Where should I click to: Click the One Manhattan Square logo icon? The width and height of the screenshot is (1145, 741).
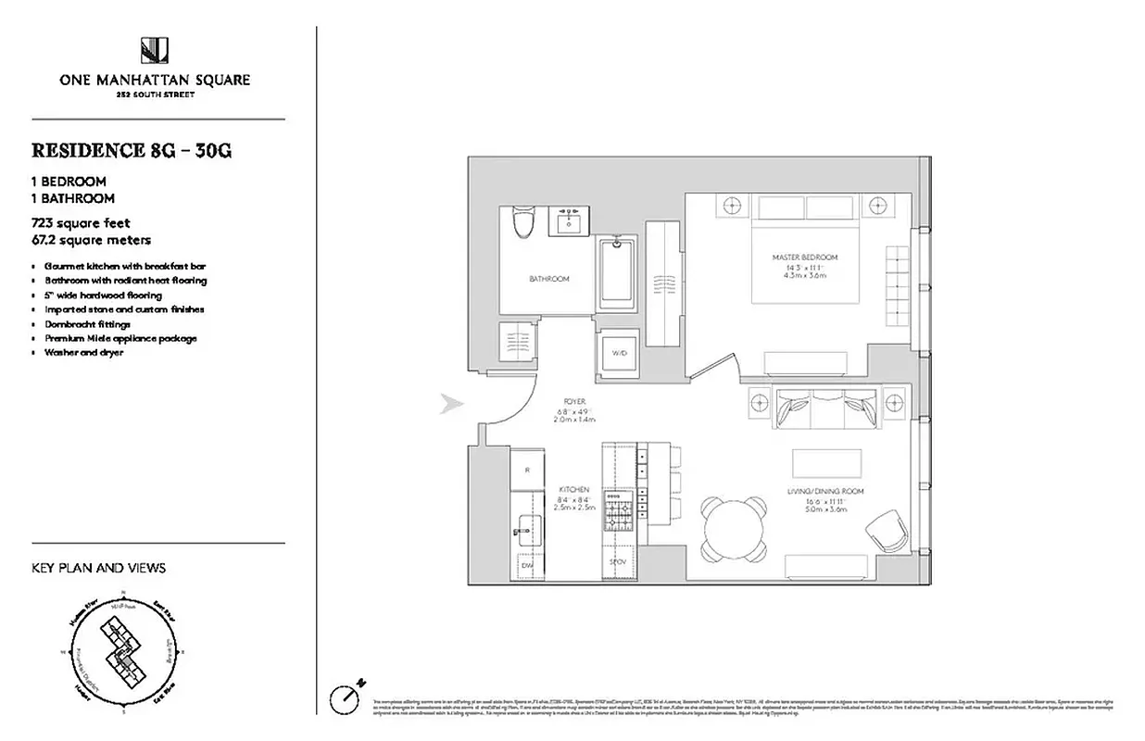(154, 50)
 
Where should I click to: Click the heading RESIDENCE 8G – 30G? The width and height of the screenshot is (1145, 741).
(132, 150)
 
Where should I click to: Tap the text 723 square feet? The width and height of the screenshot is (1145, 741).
(81, 223)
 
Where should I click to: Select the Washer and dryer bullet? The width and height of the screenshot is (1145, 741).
(83, 353)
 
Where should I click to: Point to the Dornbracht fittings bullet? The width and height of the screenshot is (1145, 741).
(87, 324)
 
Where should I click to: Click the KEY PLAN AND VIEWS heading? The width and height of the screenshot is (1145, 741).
(99, 568)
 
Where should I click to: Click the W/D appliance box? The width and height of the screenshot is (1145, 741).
(618, 354)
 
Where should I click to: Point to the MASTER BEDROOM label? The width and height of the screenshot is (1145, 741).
(804, 257)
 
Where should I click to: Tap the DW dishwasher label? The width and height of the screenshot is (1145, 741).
(526, 564)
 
